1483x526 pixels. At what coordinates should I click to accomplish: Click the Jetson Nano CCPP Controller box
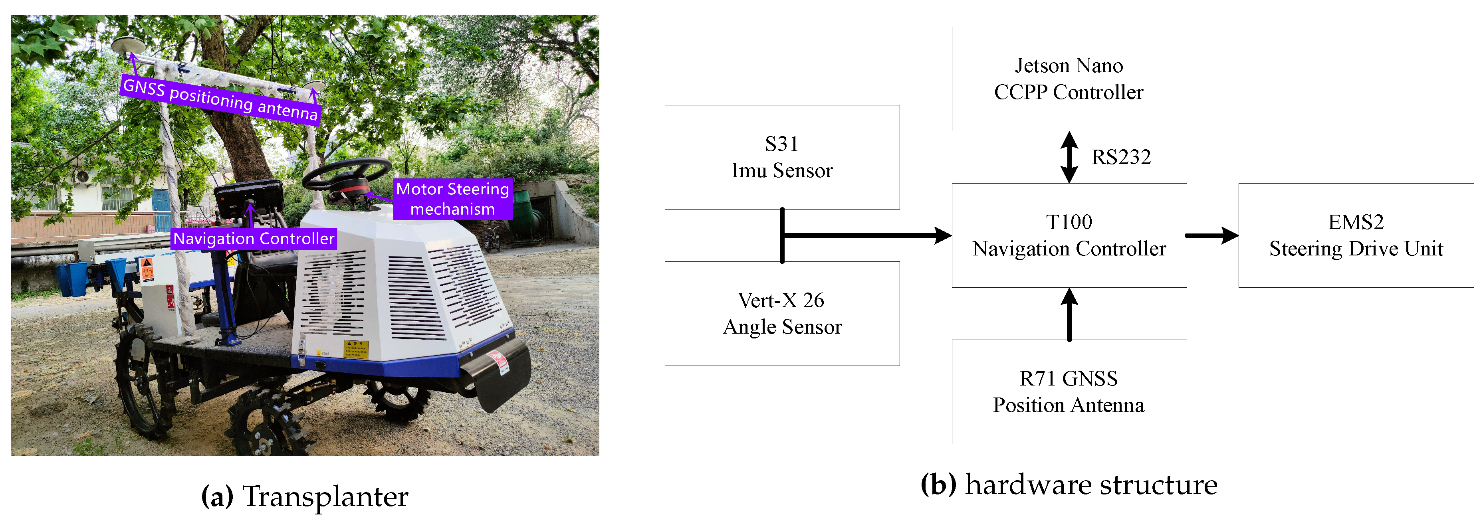coord(1069,79)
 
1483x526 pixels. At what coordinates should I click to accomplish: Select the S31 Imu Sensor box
coord(782,157)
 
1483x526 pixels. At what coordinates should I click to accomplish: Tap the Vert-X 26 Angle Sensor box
coord(782,314)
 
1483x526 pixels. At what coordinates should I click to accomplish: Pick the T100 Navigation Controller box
coord(1069,235)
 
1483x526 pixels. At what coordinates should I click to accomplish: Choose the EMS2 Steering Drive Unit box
coord(1356,235)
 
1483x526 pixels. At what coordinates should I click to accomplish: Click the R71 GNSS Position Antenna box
coord(1069,392)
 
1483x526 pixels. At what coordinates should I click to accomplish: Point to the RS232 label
coord(1121,157)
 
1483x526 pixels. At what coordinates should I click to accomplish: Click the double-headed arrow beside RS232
coord(1069,157)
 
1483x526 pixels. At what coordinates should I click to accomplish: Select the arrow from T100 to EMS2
coord(1212,235)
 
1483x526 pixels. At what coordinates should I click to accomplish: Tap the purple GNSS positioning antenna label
coord(220,99)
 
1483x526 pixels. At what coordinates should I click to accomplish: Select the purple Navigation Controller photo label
coord(253,239)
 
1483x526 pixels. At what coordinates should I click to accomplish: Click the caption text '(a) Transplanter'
coord(305,496)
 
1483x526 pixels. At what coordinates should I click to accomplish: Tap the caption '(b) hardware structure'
coord(1069,484)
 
